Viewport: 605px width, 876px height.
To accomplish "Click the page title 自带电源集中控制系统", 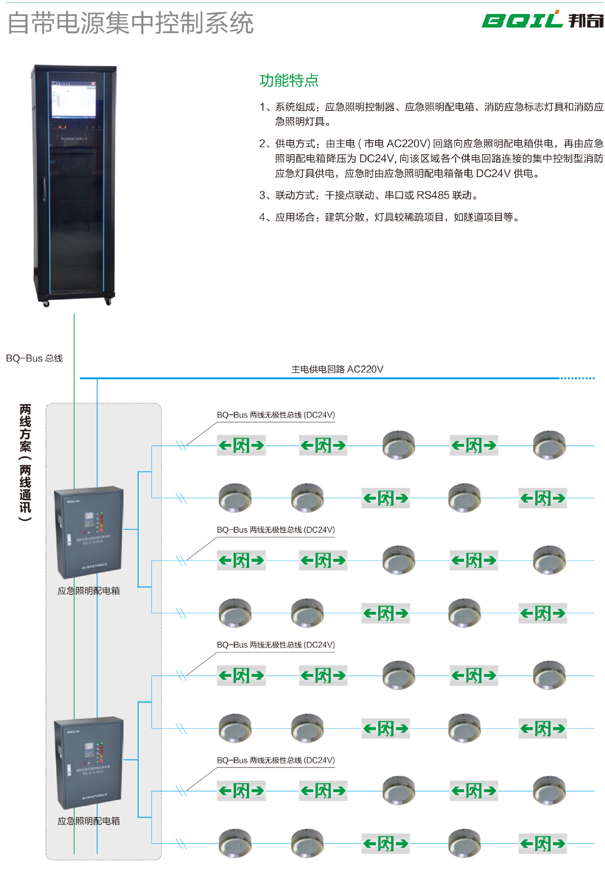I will (x=130, y=23).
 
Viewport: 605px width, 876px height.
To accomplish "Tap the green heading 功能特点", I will (x=289, y=80).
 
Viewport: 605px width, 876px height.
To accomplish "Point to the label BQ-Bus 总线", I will (x=34, y=358).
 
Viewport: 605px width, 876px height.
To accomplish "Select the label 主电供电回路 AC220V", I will (x=337, y=369).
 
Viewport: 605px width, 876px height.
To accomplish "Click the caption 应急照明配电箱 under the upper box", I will (x=89, y=591).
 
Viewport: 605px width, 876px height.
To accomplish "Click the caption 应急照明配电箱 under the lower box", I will (x=89, y=821).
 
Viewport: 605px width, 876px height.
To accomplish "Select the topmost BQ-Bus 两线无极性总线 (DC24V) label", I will (x=276, y=415).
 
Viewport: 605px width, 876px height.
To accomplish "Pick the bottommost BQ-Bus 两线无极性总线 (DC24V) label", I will (x=276, y=760).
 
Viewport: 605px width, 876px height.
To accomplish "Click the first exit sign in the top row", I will (x=241, y=445).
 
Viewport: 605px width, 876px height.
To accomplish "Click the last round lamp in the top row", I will (x=549, y=444).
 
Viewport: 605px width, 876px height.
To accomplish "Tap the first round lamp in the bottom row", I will (x=235, y=843).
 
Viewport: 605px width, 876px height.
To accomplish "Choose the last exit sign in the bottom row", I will (x=543, y=844).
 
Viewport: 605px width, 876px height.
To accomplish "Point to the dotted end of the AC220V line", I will (x=577, y=378).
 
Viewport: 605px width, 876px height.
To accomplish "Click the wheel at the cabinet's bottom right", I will (x=108, y=301).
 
